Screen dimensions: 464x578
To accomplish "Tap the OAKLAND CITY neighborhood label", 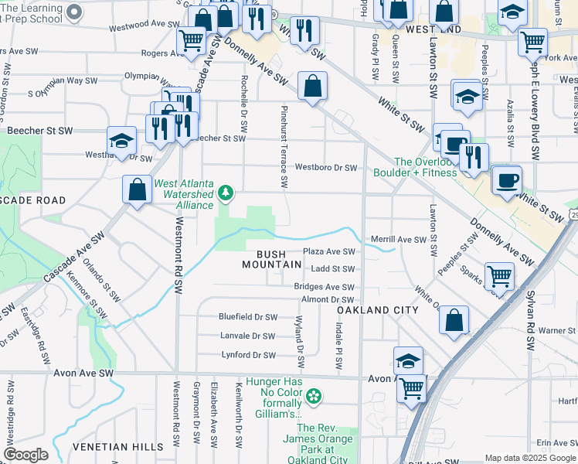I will coord(378,310).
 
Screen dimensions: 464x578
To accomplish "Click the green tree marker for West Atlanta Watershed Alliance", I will coord(225,193).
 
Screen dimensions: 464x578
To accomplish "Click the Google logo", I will coord(25,455).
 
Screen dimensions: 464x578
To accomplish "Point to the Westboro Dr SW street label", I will coord(325,168).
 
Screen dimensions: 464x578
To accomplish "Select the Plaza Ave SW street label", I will coord(328,252).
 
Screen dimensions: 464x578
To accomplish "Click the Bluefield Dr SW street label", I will coord(247,317).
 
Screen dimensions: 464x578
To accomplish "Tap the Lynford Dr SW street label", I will coord(248,356).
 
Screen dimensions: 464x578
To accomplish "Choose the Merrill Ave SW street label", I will coord(399,240).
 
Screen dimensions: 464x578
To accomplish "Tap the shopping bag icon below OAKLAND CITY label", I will coord(454,319).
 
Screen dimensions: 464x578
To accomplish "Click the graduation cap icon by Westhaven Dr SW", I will coord(121,140).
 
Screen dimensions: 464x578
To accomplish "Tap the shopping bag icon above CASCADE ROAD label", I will coord(137,189).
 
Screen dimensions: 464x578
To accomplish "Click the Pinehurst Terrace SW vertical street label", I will coord(284,147).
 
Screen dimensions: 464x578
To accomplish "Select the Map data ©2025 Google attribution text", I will coord(530,459).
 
